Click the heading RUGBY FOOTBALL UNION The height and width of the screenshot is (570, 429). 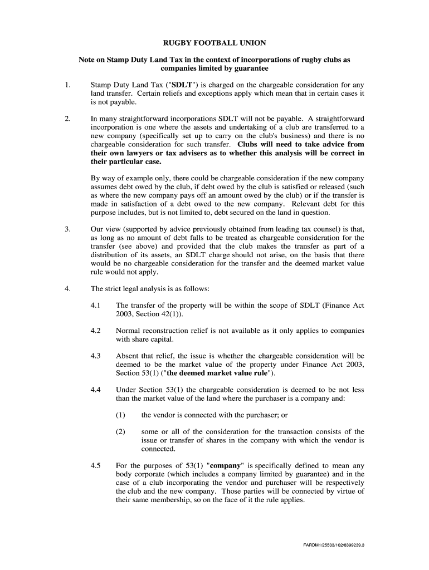tap(214, 42)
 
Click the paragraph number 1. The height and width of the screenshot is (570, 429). tap(67, 85)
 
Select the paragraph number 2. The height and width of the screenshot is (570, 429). tap(67, 118)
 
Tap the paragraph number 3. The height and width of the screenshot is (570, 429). tap(67, 228)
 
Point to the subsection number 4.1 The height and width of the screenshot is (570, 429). tap(95, 306)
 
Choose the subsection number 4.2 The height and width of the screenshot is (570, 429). tap(95, 330)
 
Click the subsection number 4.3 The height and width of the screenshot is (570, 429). tap(95, 355)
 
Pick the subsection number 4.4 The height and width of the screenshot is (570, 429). tap(95, 390)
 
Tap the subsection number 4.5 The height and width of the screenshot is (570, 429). tap(95, 465)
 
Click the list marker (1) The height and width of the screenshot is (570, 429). tap(121, 415)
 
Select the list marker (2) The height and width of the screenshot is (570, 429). tap(121, 431)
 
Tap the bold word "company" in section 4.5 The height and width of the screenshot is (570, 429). tap(226, 465)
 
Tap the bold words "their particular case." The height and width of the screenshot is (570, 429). tap(126, 161)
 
